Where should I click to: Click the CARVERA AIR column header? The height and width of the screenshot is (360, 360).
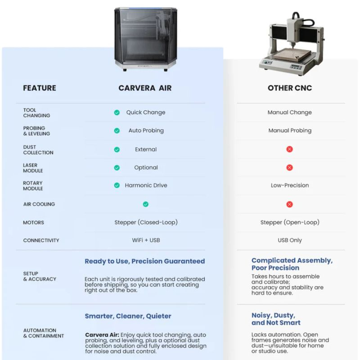click(x=145, y=88)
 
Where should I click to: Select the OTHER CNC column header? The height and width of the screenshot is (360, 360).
click(x=290, y=88)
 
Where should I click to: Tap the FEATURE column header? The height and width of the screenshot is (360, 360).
click(x=40, y=88)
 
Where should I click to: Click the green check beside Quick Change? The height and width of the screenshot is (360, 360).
click(x=117, y=112)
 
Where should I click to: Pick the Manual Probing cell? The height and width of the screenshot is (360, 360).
click(x=290, y=130)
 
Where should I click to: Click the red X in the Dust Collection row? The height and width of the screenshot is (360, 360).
click(x=289, y=149)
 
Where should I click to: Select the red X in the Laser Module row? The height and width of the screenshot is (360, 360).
click(x=289, y=167)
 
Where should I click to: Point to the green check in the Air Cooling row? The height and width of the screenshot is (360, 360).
click(x=145, y=204)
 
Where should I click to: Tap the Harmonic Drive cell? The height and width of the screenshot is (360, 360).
click(x=146, y=185)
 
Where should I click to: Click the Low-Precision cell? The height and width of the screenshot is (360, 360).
click(x=290, y=185)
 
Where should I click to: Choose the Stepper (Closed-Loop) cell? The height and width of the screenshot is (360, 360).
click(x=146, y=222)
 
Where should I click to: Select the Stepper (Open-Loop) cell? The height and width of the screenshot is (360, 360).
click(x=290, y=222)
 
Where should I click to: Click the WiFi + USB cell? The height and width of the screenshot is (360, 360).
click(x=146, y=240)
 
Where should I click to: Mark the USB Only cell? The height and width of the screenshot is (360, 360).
click(x=290, y=240)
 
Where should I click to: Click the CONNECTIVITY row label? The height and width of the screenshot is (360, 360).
click(x=41, y=240)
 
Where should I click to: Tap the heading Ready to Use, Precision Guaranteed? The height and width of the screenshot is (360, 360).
click(x=144, y=261)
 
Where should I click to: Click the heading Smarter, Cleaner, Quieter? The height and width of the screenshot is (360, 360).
click(x=128, y=316)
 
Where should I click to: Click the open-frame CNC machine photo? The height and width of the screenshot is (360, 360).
click(x=291, y=45)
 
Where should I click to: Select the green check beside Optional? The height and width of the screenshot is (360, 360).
click(x=117, y=167)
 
